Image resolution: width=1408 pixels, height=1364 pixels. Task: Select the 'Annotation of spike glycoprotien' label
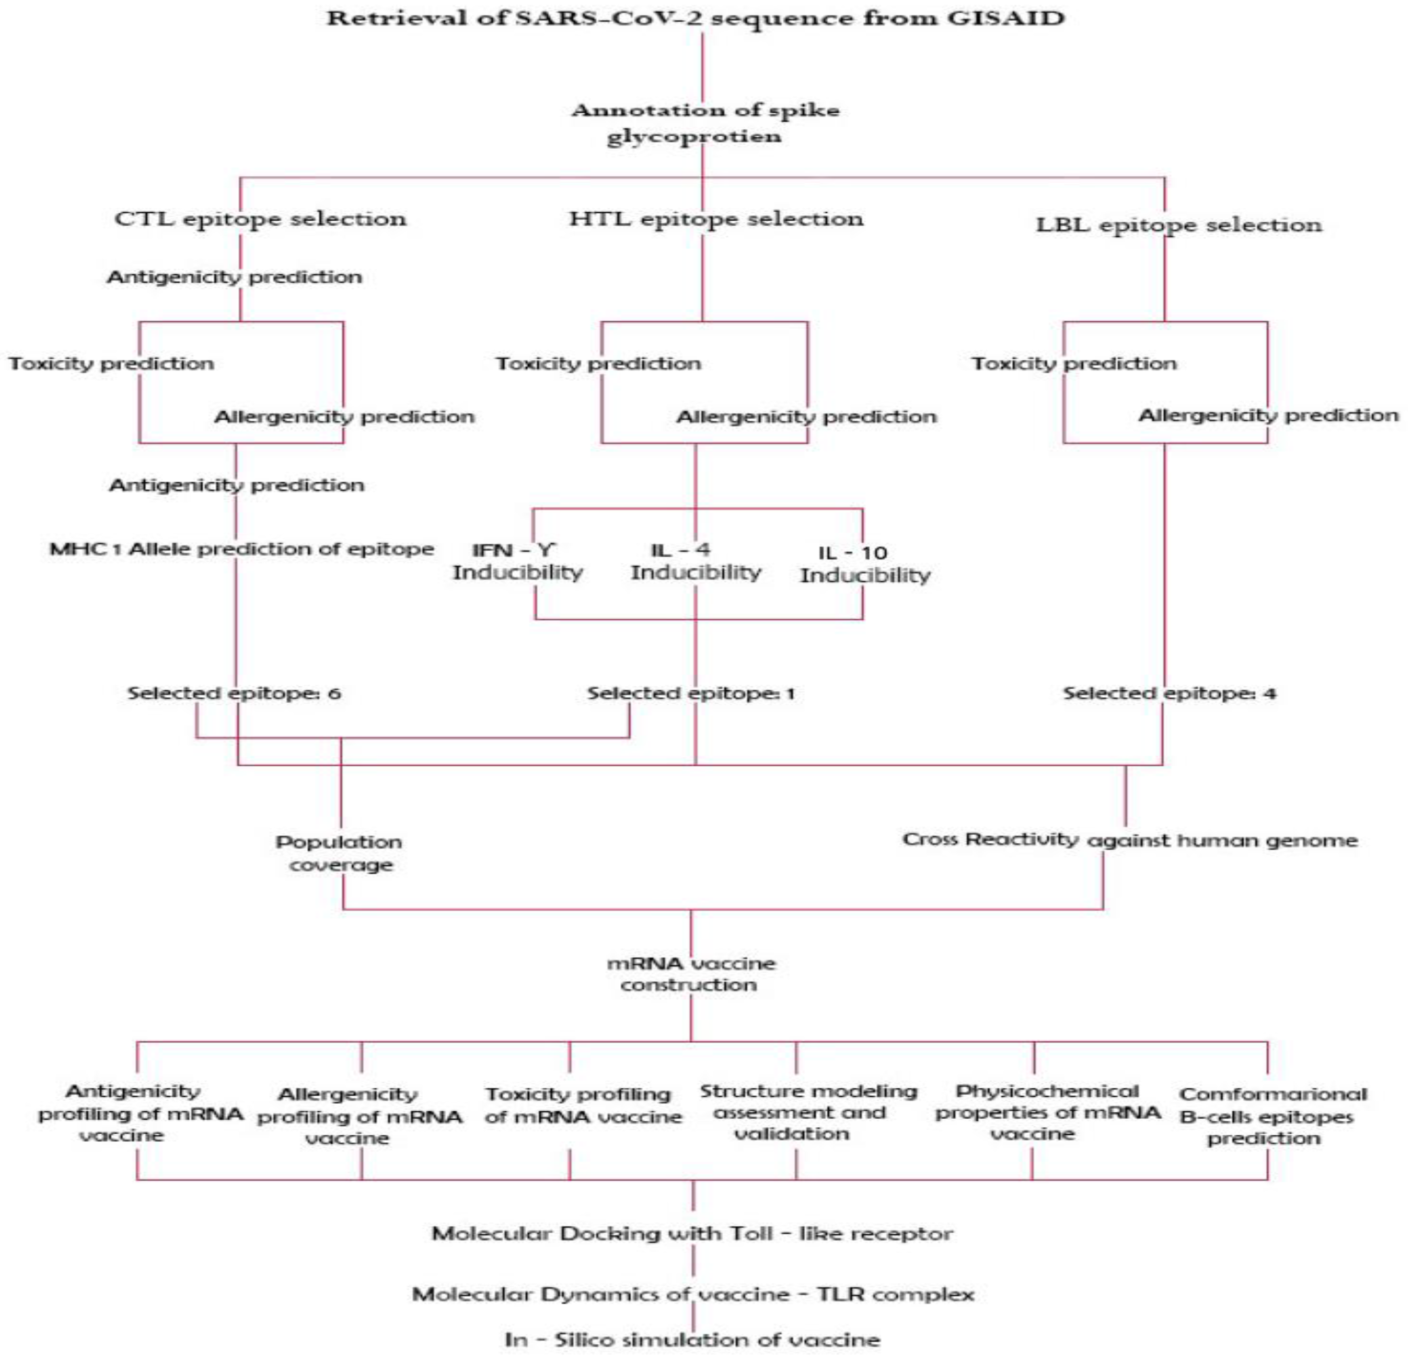point(704,123)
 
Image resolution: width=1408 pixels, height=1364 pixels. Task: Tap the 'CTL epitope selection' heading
point(260,218)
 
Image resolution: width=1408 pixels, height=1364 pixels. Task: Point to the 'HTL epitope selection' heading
point(716,218)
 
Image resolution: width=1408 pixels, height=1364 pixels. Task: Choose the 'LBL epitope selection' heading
point(1178,225)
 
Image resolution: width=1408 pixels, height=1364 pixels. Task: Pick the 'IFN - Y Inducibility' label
point(517,562)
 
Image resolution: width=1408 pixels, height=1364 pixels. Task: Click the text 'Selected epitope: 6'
point(234,693)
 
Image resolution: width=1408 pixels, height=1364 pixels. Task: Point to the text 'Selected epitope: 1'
point(690,693)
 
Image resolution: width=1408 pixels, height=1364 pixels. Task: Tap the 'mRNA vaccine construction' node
point(690,974)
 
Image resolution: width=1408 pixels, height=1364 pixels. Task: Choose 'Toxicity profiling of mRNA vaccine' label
point(582,1105)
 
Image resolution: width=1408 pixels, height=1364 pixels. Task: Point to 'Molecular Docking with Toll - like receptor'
point(692,1234)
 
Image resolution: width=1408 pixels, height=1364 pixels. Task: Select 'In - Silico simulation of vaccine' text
point(692,1339)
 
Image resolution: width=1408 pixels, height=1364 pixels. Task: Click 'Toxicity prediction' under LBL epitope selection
point(1074,363)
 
